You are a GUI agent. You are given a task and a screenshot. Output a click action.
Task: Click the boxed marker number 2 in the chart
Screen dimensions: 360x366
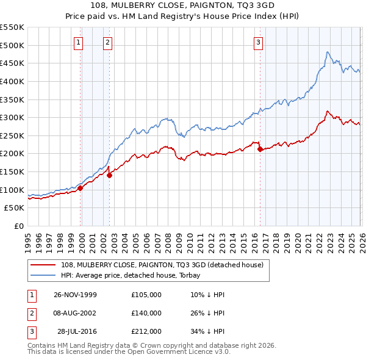(107, 42)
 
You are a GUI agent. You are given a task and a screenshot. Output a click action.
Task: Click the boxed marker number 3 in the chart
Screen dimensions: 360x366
(258, 42)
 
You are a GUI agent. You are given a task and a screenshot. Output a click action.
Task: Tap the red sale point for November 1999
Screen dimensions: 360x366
(81, 188)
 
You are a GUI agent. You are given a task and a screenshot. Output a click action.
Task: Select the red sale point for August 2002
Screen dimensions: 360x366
(110, 175)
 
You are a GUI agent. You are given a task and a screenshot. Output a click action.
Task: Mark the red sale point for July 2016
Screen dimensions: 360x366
(260, 149)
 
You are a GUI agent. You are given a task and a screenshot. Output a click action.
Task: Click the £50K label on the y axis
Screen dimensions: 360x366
(15, 208)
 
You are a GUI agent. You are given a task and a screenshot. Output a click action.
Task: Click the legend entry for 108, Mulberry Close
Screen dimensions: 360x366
(162, 265)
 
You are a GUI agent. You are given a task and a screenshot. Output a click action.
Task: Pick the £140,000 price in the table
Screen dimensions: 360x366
(146, 312)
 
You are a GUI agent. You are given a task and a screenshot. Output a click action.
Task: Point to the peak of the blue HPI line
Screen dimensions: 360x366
(328, 52)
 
